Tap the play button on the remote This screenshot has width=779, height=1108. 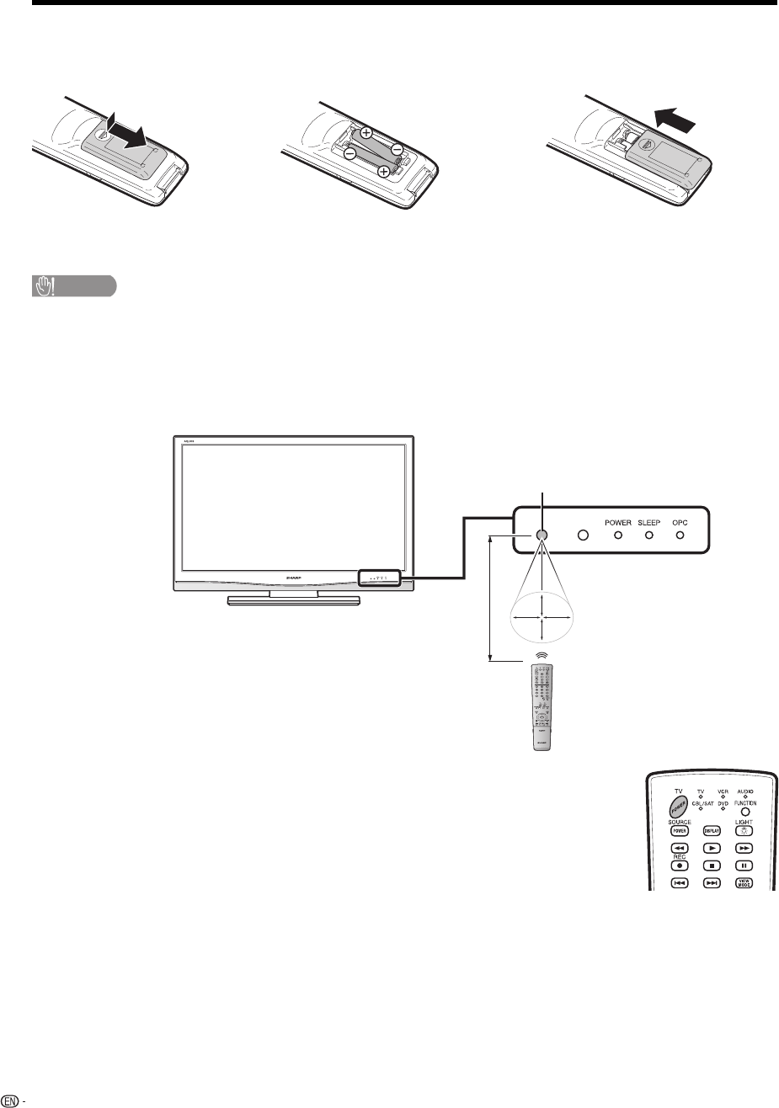(x=712, y=850)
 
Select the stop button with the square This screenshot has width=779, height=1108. (x=712, y=866)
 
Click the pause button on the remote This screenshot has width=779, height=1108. (x=745, y=866)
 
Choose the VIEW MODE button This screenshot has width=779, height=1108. (x=745, y=883)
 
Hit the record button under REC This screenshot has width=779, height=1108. (x=679, y=866)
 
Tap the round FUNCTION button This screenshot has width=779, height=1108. (x=745, y=811)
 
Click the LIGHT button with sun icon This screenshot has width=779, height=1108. (x=745, y=831)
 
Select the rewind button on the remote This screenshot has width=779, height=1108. (x=679, y=850)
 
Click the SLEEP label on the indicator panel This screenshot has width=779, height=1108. (x=649, y=523)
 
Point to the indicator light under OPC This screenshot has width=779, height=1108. (x=680, y=535)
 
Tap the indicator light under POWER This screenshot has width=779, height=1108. (x=617, y=535)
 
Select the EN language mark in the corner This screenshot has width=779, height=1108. (x=10, y=1100)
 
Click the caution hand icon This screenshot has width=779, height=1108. (x=41, y=287)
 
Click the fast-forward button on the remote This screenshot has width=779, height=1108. (x=745, y=850)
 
